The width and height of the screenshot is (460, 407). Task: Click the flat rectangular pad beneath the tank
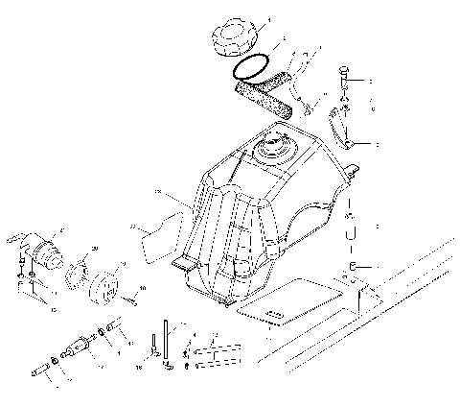(x=288, y=299)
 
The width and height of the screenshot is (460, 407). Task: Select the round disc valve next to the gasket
(x=99, y=285)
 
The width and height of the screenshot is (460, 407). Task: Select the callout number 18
(x=140, y=366)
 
